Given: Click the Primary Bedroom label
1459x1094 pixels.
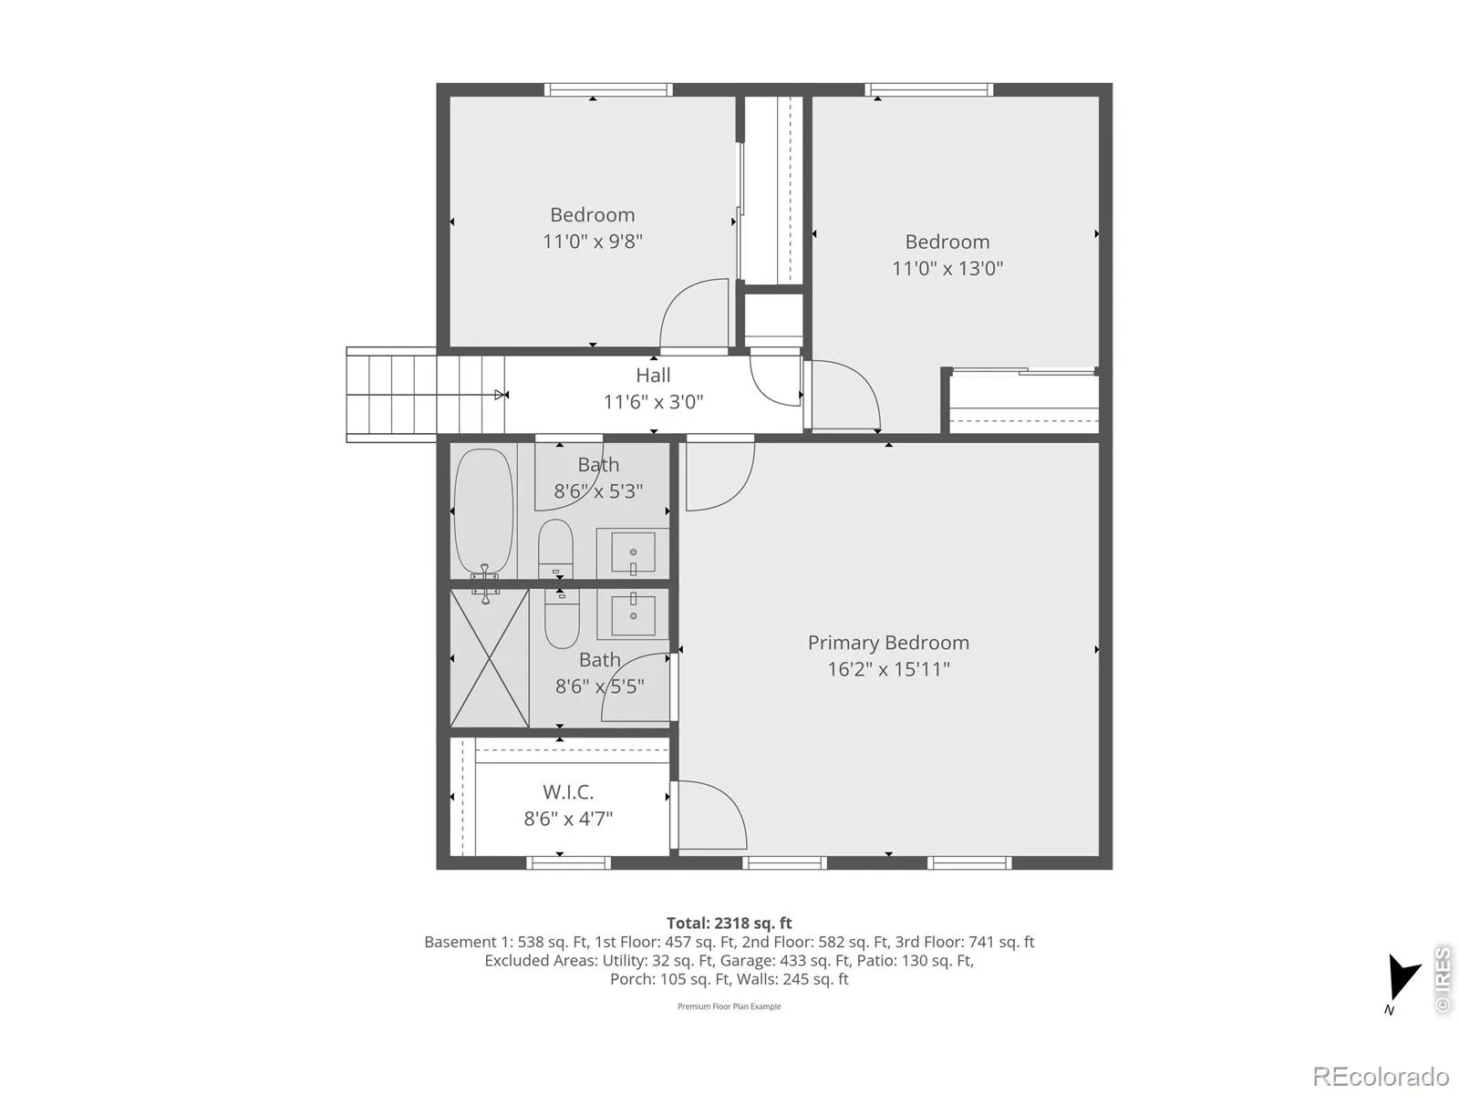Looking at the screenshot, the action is [888, 643].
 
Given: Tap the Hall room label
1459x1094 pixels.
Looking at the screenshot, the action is [653, 376].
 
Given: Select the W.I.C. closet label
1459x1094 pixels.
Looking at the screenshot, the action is [568, 791].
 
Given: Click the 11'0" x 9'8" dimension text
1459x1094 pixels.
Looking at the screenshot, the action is [592, 241].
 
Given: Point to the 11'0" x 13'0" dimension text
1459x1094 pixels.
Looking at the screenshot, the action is [947, 268].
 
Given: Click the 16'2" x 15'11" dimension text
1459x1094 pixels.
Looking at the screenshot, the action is [888, 669].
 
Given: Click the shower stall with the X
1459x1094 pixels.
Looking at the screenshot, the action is [490, 657].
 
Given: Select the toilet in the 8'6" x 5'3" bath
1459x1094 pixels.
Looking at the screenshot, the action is [555, 549].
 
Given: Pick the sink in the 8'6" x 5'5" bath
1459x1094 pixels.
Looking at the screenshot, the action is [633, 613].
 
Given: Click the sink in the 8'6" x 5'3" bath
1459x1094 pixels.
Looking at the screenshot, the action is [633, 552].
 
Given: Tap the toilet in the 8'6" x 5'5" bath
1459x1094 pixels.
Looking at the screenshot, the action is [563, 618].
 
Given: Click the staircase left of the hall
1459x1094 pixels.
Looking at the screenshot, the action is [426, 395].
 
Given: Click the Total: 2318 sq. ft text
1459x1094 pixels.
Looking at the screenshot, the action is [729, 923].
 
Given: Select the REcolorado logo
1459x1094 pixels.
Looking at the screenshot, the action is [1380, 1076].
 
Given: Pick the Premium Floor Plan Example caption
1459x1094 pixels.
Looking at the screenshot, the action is [729, 1006].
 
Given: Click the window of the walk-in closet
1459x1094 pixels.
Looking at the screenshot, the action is [568, 862].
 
